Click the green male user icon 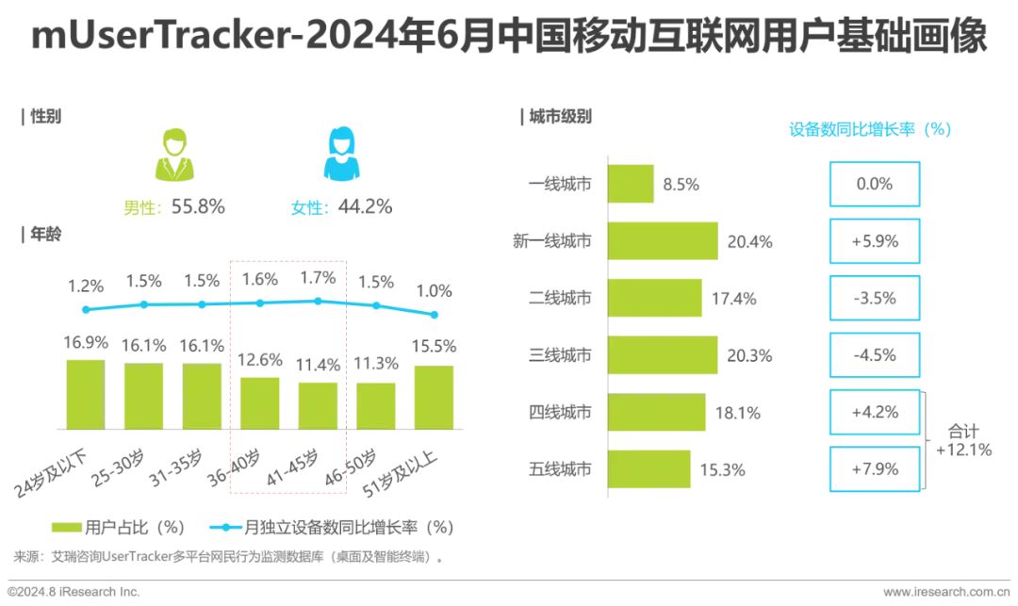[x=174, y=155]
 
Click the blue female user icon [x=342, y=155]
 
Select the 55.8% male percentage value [x=198, y=206]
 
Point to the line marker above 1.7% [x=318, y=301]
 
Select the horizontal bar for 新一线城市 [x=662, y=241]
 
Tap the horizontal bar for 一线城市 [x=630, y=184]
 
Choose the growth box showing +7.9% [x=874, y=468]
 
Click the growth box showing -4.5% [x=874, y=355]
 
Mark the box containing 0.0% [x=874, y=184]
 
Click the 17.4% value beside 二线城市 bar [x=732, y=299]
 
